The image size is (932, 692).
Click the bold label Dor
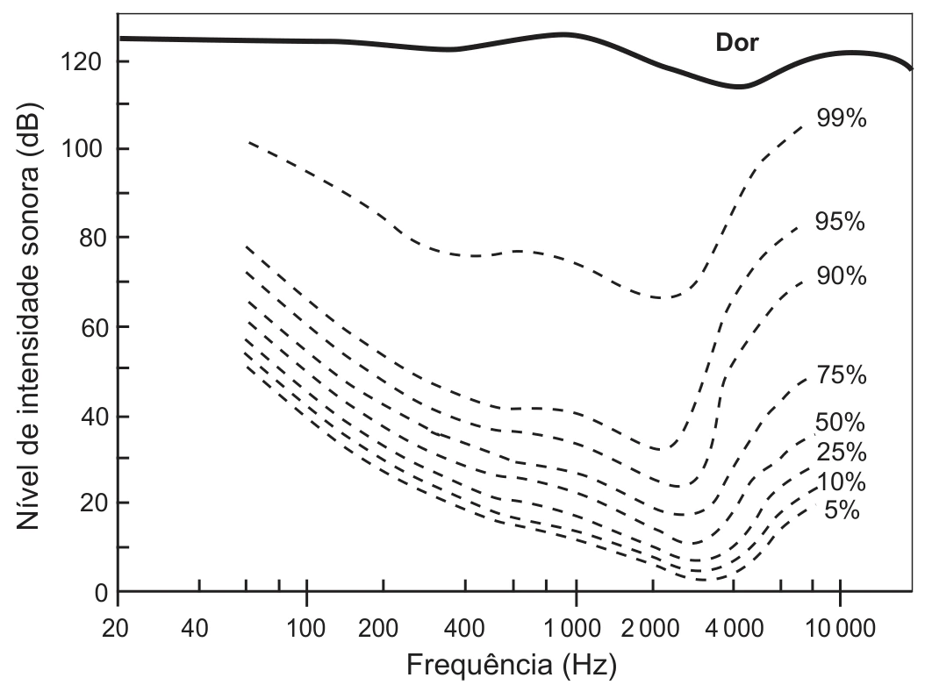(737, 43)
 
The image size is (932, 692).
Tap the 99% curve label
(841, 118)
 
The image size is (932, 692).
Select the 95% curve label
(840, 222)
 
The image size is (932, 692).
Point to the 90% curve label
(841, 275)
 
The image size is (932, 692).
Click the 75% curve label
(841, 375)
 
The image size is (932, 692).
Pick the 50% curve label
(840, 422)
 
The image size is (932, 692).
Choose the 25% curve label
(841, 452)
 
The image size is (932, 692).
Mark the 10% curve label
(841, 482)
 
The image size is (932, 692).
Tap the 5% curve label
(842, 510)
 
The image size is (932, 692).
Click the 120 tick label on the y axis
(82, 61)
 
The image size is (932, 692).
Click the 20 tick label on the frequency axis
(115, 628)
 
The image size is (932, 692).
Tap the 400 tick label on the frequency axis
(464, 628)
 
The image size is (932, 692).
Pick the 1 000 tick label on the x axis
(573, 628)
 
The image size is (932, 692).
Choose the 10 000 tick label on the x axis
(840, 628)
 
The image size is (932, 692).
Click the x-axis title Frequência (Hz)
(511, 666)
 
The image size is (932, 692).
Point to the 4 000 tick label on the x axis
(734, 628)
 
